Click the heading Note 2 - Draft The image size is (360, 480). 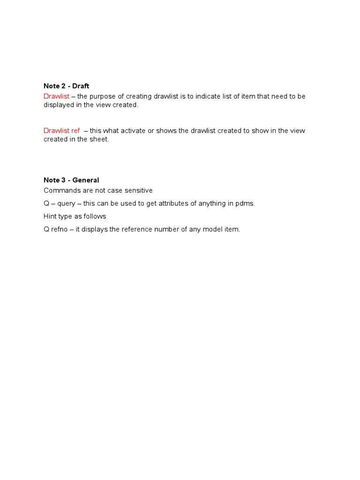pos(66,86)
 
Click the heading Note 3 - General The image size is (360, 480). pos(71,180)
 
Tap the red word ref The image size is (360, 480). pos(75,131)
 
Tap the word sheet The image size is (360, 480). pos(100,140)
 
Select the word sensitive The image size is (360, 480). pos(137,191)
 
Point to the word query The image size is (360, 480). pos(66,204)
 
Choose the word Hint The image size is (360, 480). pos(50,217)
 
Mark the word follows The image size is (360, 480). pos(95,217)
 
